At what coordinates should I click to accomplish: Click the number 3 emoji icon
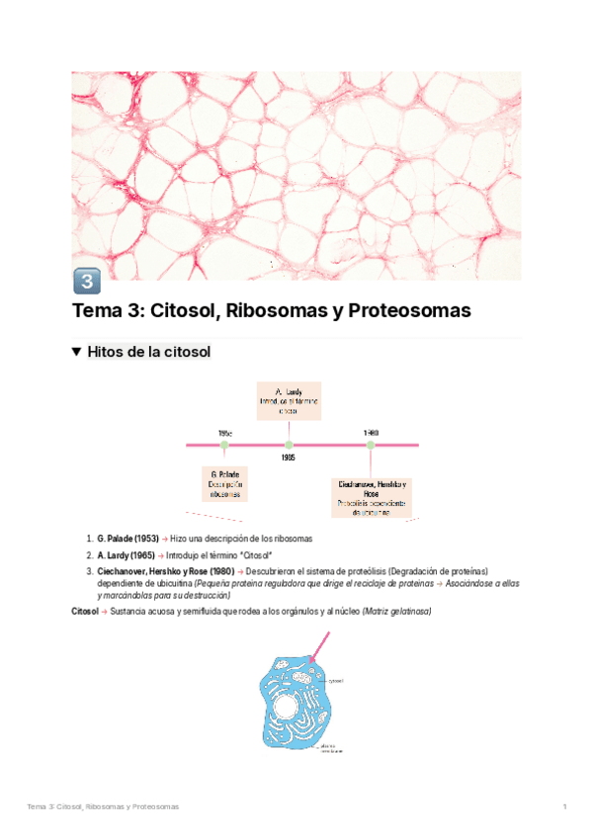[86, 282]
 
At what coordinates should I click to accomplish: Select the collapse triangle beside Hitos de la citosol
[78, 352]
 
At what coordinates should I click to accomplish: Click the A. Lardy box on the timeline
[289, 401]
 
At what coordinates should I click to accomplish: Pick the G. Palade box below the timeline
[224, 484]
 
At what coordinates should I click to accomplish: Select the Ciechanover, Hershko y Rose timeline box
[371, 497]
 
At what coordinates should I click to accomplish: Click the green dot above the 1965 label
[289, 445]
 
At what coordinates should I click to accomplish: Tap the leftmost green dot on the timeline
[224, 445]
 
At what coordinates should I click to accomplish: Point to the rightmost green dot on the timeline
[371, 445]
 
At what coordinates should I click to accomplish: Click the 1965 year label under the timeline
[289, 458]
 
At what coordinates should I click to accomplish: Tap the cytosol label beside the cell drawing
[336, 681]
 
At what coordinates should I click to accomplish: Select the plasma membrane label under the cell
[330, 748]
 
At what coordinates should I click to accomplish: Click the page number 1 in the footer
[564, 808]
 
